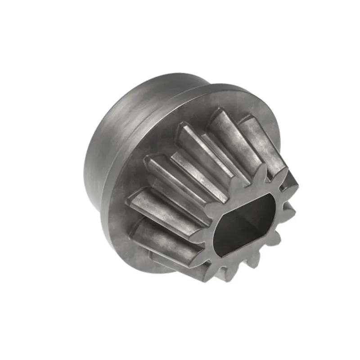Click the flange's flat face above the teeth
click(x=198, y=108)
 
